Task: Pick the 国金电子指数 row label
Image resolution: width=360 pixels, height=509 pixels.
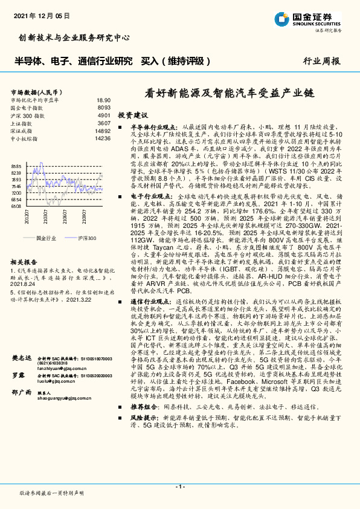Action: tap(28, 107)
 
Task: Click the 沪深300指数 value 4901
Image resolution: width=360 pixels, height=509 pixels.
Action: tap(103, 115)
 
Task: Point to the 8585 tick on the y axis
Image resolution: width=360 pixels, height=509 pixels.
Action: tap(16, 166)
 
